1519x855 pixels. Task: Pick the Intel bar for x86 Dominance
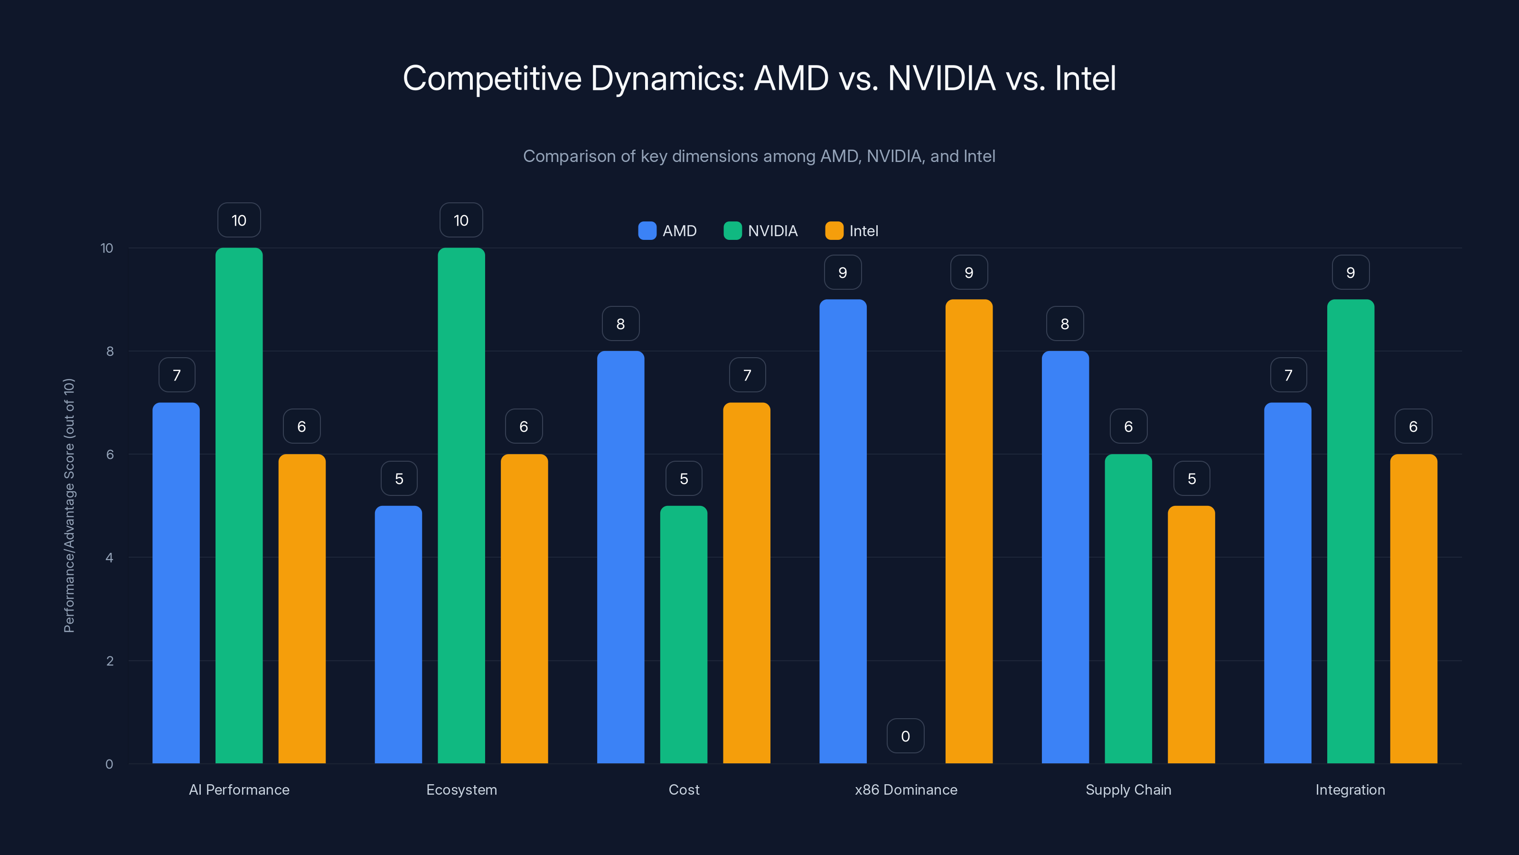[969, 531]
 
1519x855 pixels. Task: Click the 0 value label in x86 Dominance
[905, 736]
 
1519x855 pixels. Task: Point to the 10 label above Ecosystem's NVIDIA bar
[461, 220]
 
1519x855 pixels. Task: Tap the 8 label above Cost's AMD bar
[620, 323]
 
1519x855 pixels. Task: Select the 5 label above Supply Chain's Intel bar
[1192, 478]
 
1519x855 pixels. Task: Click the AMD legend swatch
[647, 231]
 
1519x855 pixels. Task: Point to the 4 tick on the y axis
[109, 558]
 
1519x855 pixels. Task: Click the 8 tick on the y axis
[110, 351]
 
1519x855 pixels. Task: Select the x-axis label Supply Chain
[1128, 789]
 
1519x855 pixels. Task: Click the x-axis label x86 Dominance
[906, 789]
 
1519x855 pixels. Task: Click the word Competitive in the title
[492, 78]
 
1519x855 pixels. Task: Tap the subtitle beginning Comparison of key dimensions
[759, 156]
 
